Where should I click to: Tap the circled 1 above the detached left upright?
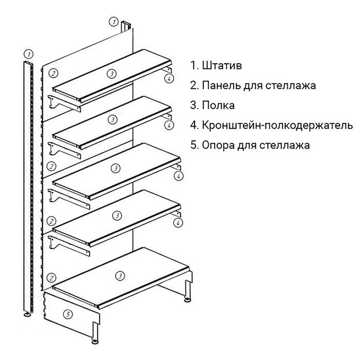point(29,53)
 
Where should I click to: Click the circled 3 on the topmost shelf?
point(112,74)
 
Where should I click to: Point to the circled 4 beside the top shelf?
point(168,79)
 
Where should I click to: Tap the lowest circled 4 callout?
point(178,222)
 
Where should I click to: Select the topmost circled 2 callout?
point(52,73)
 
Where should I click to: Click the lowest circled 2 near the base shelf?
point(51,277)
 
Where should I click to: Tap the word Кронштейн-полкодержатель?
point(278,125)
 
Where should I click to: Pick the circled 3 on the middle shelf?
point(116,168)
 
